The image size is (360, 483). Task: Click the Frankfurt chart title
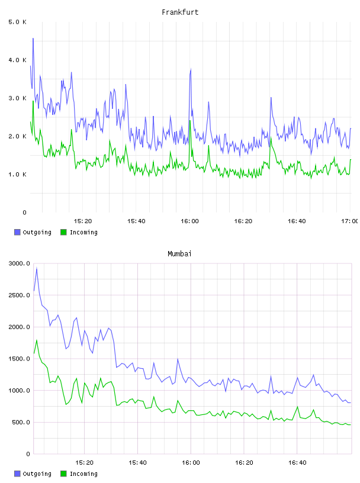pos(180,12)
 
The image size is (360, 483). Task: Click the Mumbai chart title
pos(179,254)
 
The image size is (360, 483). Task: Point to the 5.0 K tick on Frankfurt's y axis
pos(17,22)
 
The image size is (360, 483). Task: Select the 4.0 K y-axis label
pos(17,60)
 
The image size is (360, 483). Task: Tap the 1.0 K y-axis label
pos(17,175)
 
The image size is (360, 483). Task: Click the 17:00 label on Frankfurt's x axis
pos(350,221)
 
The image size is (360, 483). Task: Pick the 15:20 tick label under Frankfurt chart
pos(83,221)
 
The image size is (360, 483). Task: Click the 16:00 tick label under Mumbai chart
pos(191,463)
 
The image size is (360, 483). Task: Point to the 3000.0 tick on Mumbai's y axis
pos(20,263)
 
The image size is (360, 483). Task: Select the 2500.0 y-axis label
pos(20,295)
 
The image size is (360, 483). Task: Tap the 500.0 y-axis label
pos(21,422)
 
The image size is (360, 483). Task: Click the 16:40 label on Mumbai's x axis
pos(297,463)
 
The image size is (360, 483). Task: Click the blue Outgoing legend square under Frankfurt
pos(17,232)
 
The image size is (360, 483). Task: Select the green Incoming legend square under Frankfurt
pos(63,232)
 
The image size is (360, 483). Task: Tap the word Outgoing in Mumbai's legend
pos(37,474)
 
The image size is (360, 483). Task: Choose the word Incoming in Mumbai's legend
pos(83,474)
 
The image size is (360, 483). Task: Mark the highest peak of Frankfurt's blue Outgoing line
pos(33,38)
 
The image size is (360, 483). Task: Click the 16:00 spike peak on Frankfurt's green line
pos(190,121)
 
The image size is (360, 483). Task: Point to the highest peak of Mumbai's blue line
pos(37,268)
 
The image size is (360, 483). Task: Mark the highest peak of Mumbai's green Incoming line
pos(37,340)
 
